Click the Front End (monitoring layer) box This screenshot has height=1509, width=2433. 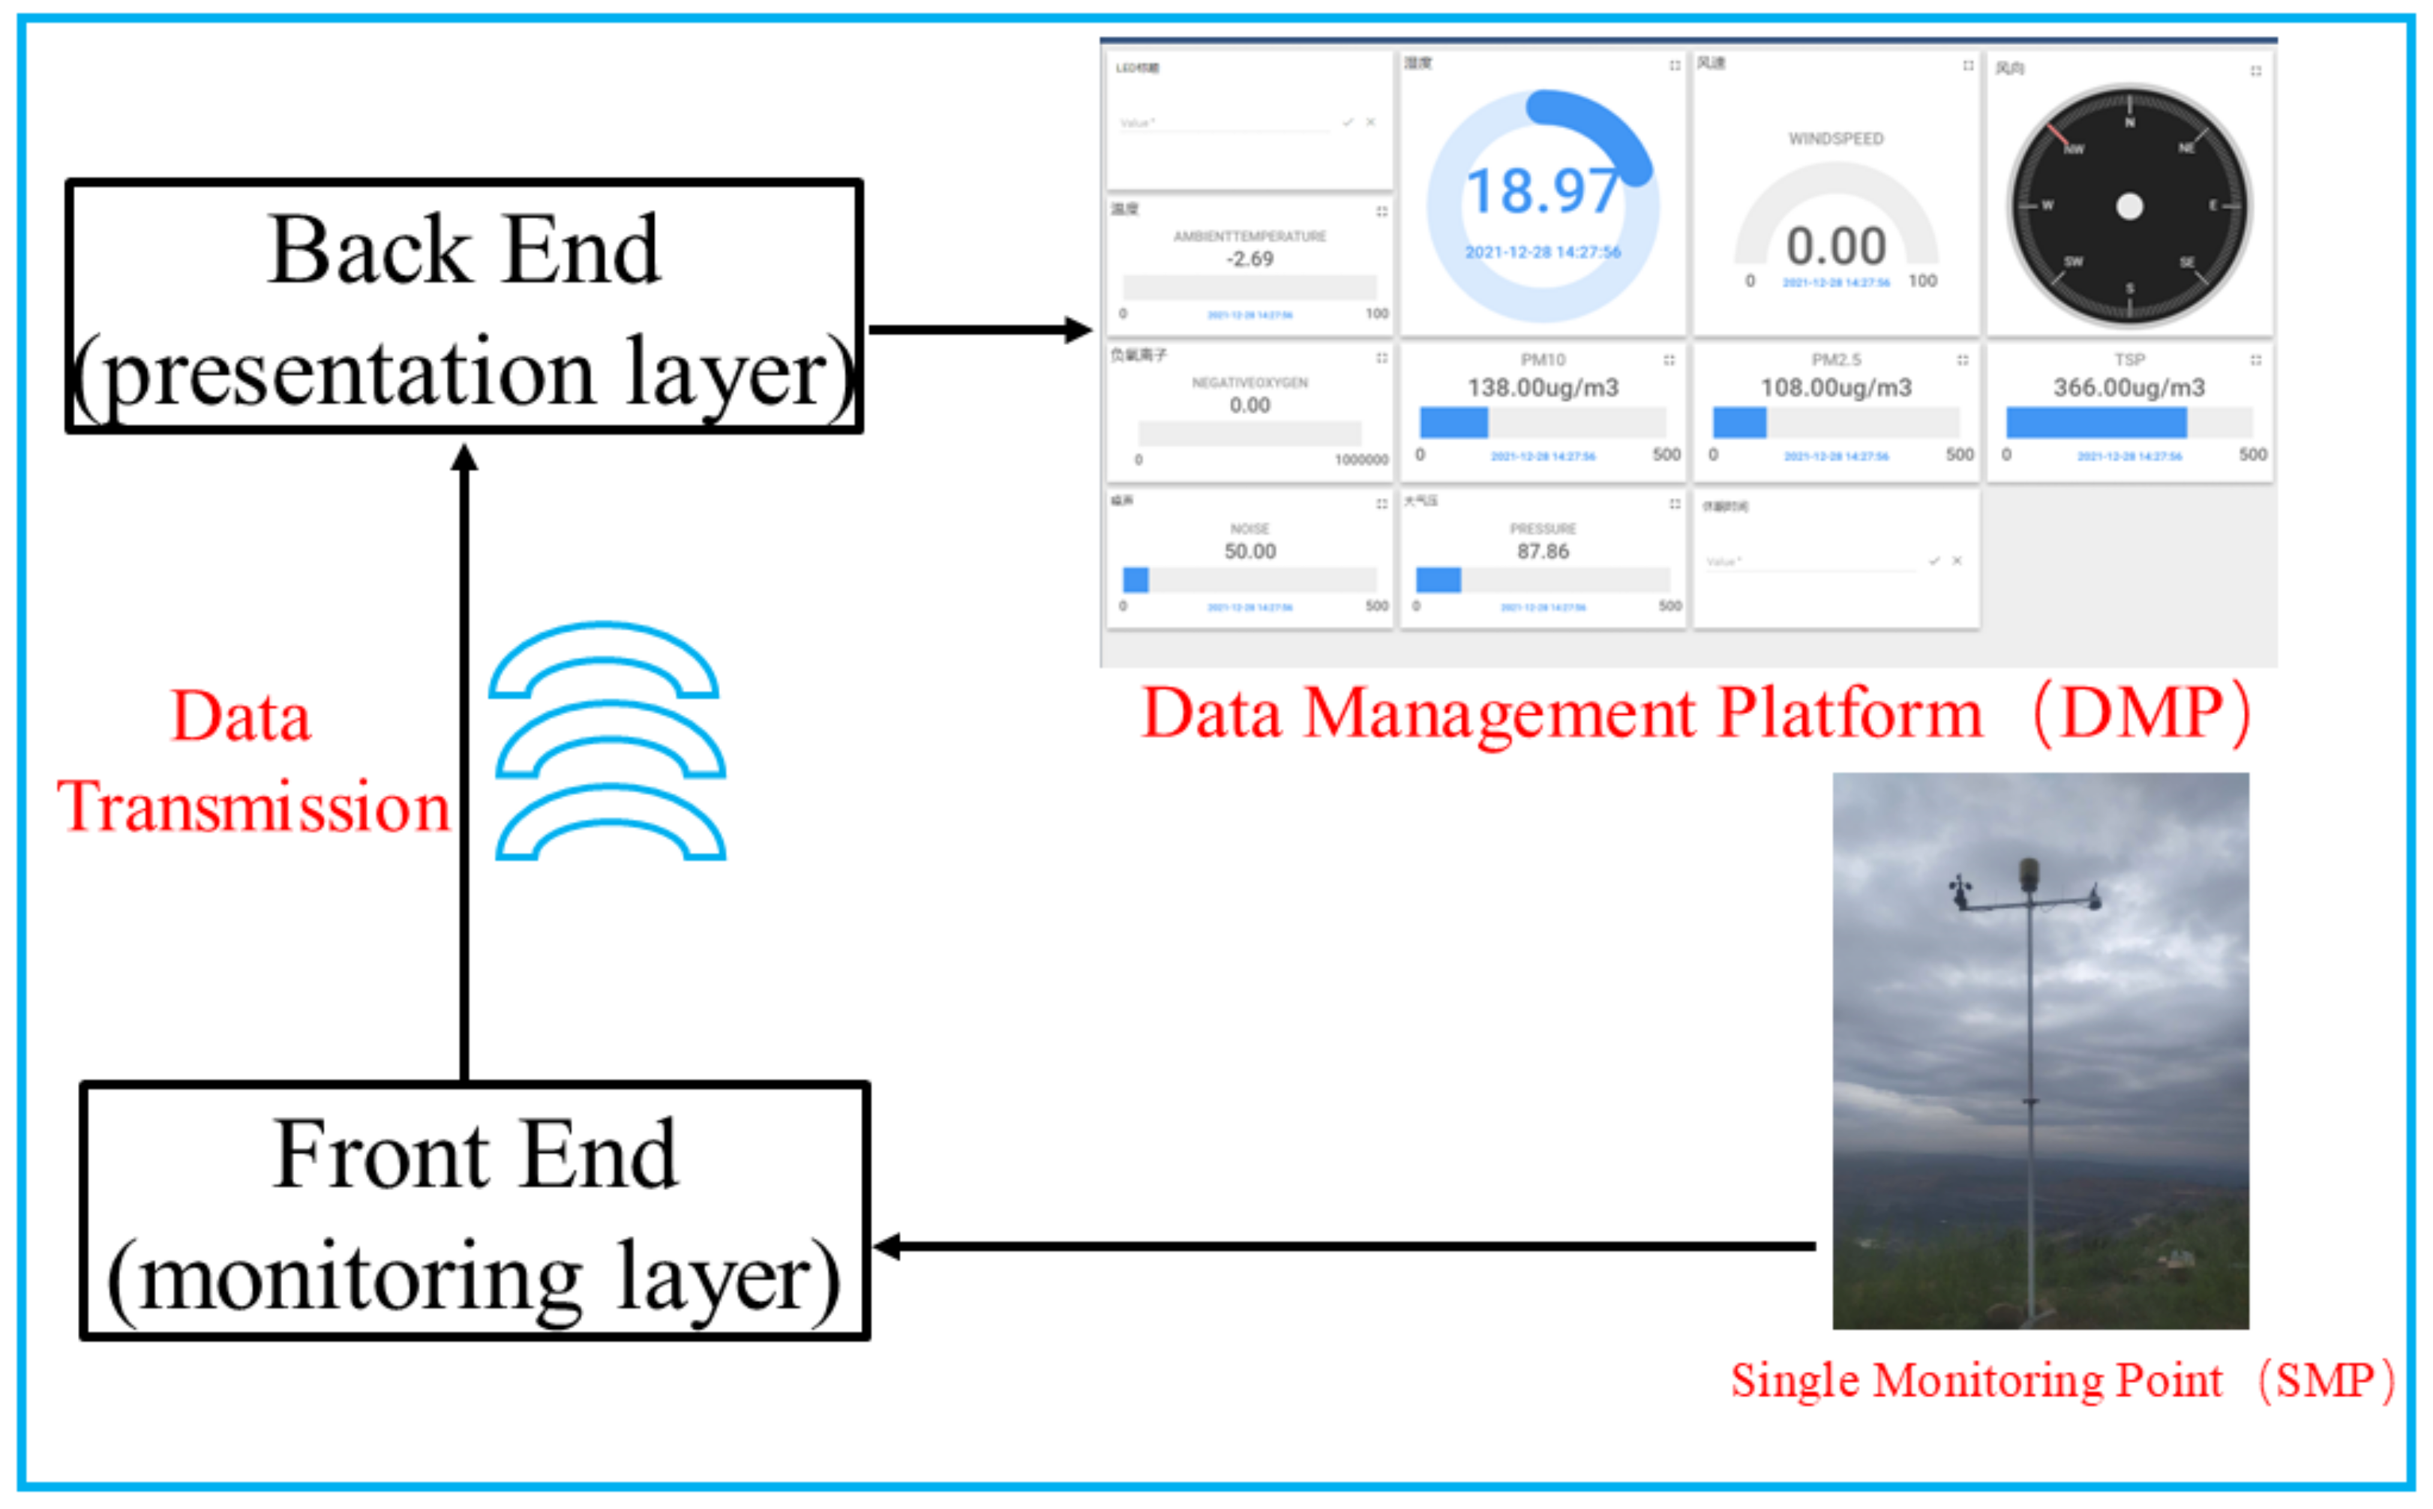click(474, 1210)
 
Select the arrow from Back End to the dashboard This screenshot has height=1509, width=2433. click(978, 329)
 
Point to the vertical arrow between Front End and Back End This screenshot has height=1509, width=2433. click(464, 758)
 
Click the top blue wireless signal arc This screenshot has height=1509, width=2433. click(603, 658)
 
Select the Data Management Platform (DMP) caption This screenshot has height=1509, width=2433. click(1696, 712)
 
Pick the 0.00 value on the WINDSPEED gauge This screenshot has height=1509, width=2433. click(1835, 245)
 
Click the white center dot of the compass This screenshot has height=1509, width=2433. click(2128, 206)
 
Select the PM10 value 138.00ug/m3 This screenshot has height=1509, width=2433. click(1542, 387)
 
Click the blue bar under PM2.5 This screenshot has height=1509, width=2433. click(1738, 423)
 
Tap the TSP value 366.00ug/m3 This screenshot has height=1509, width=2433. click(2128, 387)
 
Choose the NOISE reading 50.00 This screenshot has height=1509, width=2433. click(1249, 551)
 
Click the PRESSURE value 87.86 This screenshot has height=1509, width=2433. click(1542, 551)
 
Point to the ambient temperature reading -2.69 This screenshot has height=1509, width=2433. click(1249, 259)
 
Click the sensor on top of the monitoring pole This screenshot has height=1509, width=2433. click(2029, 874)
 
